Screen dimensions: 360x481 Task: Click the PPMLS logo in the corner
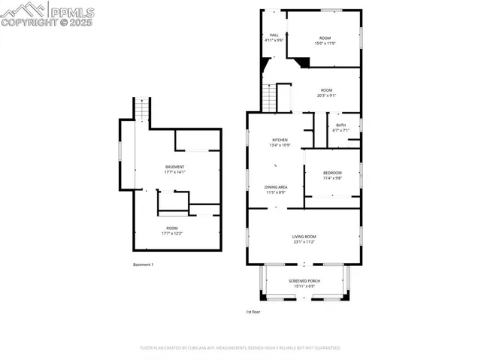point(47,14)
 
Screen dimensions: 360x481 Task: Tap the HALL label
point(274,35)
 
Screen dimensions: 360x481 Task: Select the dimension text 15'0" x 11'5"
point(325,44)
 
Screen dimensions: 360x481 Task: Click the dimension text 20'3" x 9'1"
point(326,95)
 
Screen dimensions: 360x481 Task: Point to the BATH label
point(341,125)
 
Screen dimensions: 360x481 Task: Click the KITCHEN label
point(280,140)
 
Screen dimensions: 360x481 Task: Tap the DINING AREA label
point(275,186)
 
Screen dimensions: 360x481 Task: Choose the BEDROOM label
point(332,173)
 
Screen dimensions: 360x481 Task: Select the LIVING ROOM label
point(304,237)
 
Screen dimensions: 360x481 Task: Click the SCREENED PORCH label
point(304,280)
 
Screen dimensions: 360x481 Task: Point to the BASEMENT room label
point(174,166)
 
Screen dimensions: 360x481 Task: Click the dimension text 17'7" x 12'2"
point(172,233)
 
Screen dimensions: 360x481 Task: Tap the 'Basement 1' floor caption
point(143,265)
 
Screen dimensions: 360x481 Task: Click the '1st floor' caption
point(253,312)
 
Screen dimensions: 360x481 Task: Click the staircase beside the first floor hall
point(270,98)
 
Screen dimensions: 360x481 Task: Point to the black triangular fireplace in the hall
point(302,62)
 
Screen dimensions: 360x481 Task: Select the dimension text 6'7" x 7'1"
point(341,131)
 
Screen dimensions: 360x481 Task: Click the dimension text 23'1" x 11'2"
point(304,242)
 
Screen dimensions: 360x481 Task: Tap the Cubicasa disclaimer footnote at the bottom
point(240,348)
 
